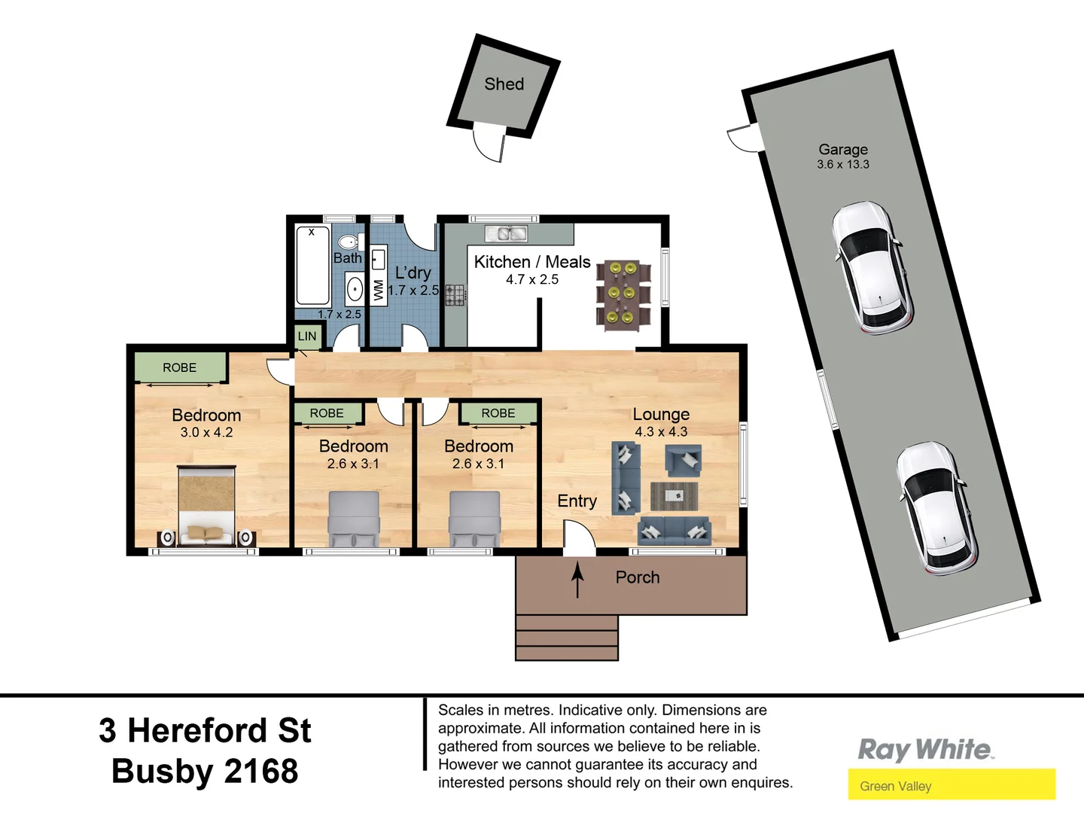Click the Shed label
pos(504,84)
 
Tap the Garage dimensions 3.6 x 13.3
pos(842,165)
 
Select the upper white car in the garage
pos(872,267)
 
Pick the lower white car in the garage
pos(936,508)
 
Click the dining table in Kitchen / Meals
pos(623,293)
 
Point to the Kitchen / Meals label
pos(531,262)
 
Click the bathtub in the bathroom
pos(312,265)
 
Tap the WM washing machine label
pos(378,290)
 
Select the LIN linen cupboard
pos(307,336)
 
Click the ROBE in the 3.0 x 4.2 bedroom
pos(180,367)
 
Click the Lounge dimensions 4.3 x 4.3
pos(661,432)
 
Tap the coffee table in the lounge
pos(674,496)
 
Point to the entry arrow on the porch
pos(577,580)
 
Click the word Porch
pos(637,577)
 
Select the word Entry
pos(577,501)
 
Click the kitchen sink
pos(506,234)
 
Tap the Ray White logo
pos(925,750)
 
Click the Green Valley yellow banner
pos(952,785)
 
